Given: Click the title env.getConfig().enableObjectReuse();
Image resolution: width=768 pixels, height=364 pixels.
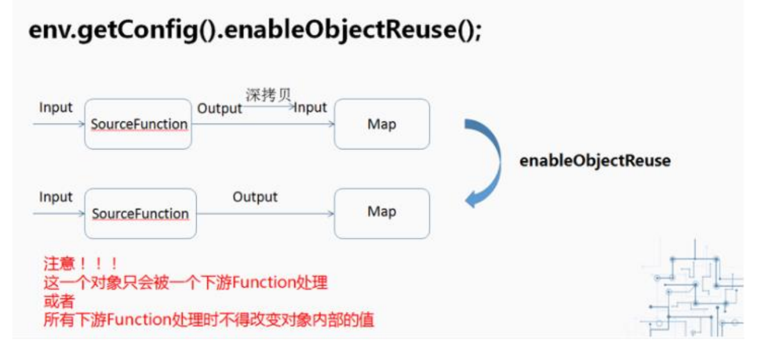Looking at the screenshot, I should [x=255, y=30].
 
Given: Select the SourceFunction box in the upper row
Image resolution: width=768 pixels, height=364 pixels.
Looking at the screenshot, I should [x=138, y=124].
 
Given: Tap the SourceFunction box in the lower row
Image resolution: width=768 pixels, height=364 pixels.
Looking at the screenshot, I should [x=140, y=214].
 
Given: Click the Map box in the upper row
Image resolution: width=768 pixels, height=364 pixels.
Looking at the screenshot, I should [x=382, y=124].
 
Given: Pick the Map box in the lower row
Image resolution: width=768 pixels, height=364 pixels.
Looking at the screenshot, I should [x=382, y=213].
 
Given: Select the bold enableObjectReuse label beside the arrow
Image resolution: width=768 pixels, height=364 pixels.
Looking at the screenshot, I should [x=594, y=160].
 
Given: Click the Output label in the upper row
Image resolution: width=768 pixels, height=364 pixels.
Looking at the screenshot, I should [x=219, y=109].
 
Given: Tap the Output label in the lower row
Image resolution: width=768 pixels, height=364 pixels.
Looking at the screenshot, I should [x=254, y=196].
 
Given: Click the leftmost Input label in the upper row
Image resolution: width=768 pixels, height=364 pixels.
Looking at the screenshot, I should [x=56, y=108].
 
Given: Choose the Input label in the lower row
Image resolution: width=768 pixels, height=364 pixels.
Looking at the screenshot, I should [x=56, y=197].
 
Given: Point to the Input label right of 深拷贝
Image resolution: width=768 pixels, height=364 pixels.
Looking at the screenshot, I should [x=310, y=108].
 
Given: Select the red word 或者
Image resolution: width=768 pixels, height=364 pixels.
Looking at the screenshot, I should [x=59, y=301].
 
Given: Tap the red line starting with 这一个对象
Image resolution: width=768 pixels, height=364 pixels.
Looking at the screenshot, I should [x=185, y=283].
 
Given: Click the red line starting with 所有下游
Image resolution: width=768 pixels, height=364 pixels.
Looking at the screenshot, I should [x=208, y=320].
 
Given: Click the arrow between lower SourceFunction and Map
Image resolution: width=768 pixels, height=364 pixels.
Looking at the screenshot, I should [x=265, y=214].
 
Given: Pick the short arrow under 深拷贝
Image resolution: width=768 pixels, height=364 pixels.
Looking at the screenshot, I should [x=269, y=106].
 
